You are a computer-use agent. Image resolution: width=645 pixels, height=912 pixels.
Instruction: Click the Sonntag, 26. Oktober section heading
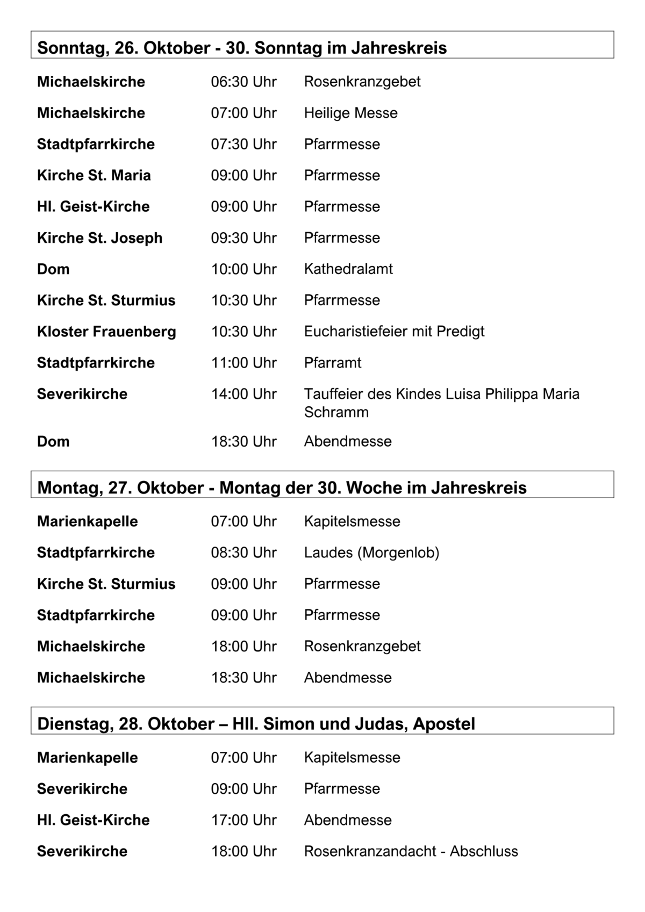tap(242, 48)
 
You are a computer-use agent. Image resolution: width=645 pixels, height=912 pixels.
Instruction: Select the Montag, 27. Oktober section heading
tap(282, 487)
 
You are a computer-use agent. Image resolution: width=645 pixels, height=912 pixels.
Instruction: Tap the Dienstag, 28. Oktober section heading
tap(256, 723)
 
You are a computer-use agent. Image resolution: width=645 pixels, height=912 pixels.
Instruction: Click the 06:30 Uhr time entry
tap(243, 82)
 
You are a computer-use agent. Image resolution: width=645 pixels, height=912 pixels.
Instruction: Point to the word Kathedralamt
tap(348, 269)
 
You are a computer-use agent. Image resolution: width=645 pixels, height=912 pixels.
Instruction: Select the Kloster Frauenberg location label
tap(106, 331)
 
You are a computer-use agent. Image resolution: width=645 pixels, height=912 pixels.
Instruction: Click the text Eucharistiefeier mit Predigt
tap(394, 331)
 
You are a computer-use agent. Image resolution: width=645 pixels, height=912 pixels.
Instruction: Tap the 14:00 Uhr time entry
tap(243, 394)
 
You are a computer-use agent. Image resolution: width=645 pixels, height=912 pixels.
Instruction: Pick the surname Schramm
tap(336, 412)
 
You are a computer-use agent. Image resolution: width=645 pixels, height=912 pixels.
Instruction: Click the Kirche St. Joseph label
tap(99, 238)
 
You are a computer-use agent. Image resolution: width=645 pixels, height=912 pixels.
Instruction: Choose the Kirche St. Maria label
tap(94, 175)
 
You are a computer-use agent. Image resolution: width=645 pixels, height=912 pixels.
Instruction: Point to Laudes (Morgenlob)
tap(371, 552)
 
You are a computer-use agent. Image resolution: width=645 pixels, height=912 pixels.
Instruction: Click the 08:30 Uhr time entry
tap(243, 552)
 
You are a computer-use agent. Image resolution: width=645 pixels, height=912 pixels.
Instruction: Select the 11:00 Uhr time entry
tap(243, 363)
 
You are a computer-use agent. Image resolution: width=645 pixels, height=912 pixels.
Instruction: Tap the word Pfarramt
tap(333, 363)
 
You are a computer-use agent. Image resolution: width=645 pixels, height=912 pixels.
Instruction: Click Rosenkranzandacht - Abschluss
tap(411, 851)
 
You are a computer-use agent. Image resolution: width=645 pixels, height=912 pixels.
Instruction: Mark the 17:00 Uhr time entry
tap(243, 820)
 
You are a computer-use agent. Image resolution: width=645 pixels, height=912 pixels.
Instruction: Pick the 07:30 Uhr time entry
tap(243, 144)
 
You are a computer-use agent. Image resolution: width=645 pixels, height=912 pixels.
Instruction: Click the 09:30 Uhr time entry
tap(243, 238)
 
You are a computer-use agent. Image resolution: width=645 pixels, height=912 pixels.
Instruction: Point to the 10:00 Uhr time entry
tap(243, 269)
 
